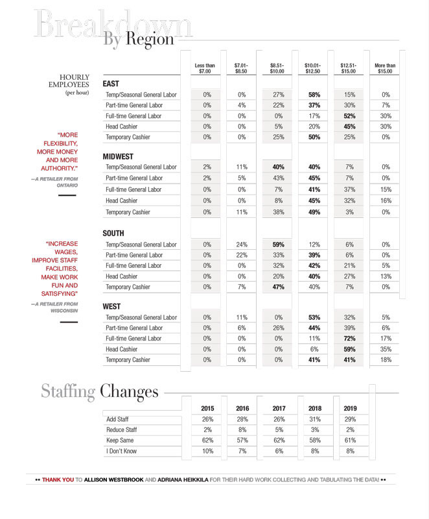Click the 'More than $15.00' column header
(385, 68)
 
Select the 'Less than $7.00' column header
(205, 68)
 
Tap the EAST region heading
(111, 84)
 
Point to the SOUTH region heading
(113, 234)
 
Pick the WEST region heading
(112, 306)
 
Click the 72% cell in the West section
(349, 339)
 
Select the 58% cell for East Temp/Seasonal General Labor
(314, 95)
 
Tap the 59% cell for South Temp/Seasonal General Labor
(279, 245)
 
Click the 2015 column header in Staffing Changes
(207, 409)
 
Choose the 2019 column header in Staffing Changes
(350, 409)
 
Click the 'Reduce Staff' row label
(121, 430)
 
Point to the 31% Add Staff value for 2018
(314, 420)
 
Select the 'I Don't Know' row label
(122, 451)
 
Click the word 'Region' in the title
(150, 39)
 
